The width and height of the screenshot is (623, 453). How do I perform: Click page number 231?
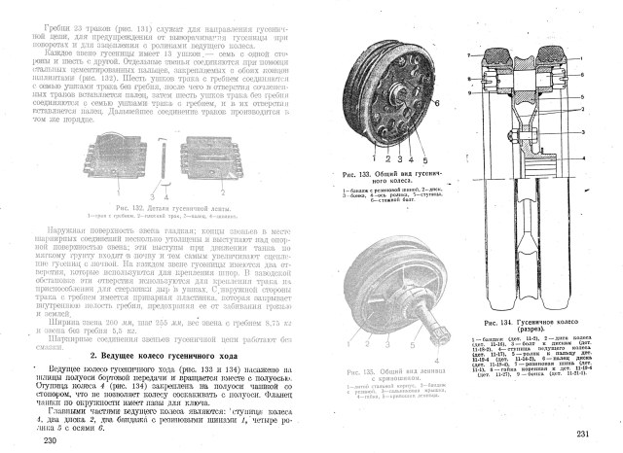coord(583,435)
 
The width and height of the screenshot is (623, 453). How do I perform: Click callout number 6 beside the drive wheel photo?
coord(437,102)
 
